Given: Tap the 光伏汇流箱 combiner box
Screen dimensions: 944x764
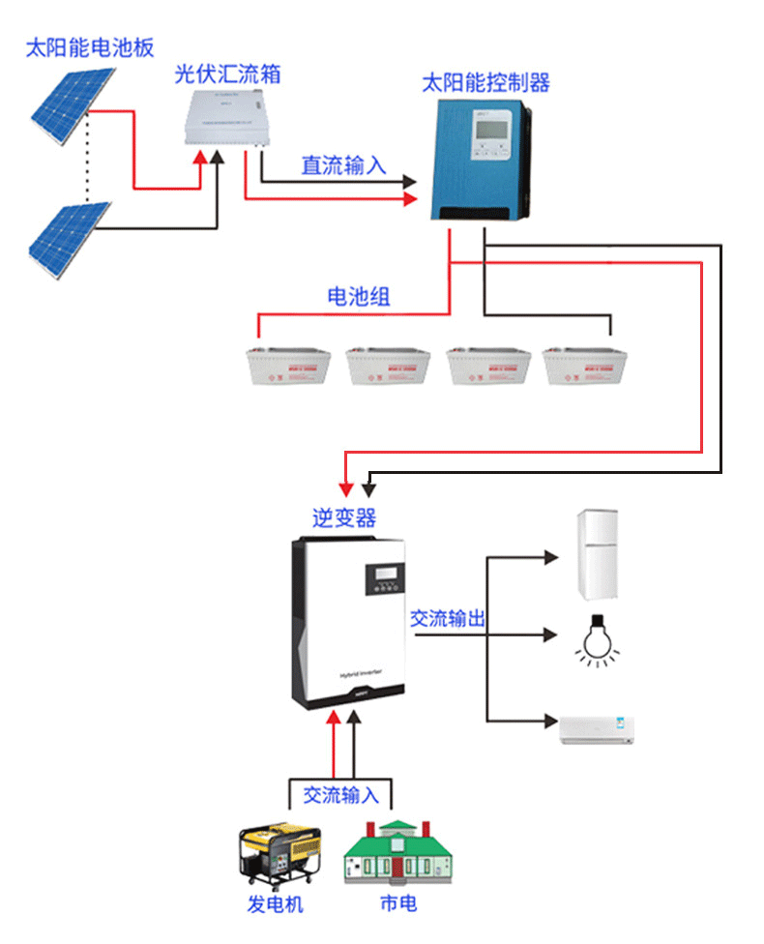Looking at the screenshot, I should click(x=227, y=117).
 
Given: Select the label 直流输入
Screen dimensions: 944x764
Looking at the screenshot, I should click(x=343, y=165).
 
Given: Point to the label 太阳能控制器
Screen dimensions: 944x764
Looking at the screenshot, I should click(x=485, y=82).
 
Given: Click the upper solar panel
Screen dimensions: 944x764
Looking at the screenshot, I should click(x=68, y=107).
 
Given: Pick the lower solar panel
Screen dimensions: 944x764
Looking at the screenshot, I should click(x=68, y=237).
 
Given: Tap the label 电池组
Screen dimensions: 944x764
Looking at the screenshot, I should click(x=359, y=297).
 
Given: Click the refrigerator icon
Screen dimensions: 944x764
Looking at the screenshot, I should click(x=598, y=555).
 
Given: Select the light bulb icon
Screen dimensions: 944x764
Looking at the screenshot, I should click(x=596, y=637).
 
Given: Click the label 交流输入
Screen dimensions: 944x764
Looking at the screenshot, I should click(x=341, y=795).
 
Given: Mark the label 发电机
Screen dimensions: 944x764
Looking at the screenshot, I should click(x=276, y=906).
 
